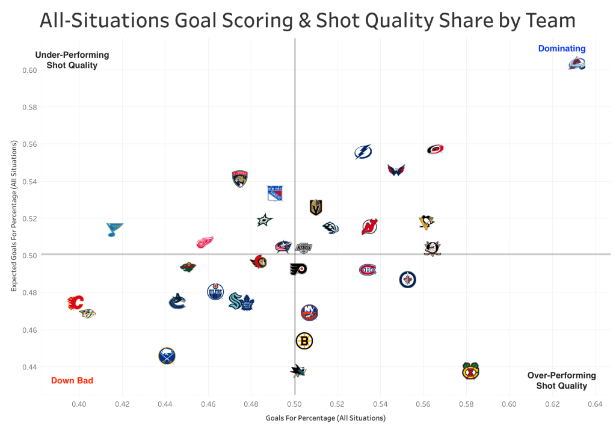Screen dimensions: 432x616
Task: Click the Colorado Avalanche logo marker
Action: [x=576, y=63]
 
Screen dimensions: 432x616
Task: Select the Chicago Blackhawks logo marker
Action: [x=470, y=371]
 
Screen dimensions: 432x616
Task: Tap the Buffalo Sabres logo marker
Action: [x=167, y=356]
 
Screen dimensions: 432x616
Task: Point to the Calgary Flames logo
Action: [x=75, y=303]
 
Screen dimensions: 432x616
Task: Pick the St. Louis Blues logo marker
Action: [x=114, y=229]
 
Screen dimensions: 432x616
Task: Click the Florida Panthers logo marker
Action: [x=240, y=179]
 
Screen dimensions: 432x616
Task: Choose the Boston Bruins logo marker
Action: [x=304, y=341]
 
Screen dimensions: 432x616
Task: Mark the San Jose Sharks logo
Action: [x=297, y=371]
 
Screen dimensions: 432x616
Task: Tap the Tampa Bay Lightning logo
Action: [x=363, y=152]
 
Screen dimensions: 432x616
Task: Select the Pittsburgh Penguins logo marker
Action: [x=427, y=222]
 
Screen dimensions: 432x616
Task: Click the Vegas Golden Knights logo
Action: [x=316, y=208]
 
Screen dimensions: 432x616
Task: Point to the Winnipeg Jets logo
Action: [x=407, y=279]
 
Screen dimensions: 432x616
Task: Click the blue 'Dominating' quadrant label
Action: [x=561, y=49]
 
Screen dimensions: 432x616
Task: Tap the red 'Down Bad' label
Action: [x=72, y=380]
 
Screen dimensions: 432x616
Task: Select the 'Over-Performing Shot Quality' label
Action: [x=561, y=380]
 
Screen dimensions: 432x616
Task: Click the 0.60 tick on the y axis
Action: [x=30, y=70]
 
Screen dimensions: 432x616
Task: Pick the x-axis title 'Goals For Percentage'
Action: [x=325, y=418]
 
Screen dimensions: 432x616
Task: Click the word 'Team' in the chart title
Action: [x=550, y=21]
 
